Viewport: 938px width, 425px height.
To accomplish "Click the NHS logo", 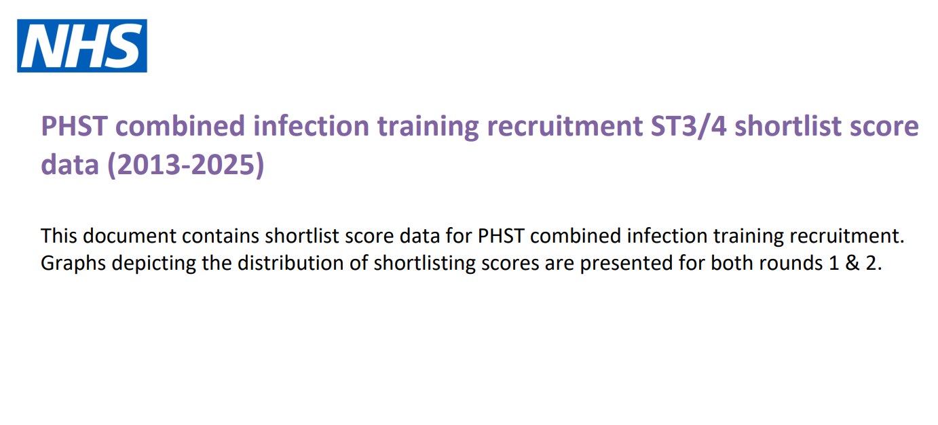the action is pos(82,45).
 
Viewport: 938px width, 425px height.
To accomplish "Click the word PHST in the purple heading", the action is pos(74,126).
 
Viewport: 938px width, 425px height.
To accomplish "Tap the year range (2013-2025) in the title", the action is pos(186,165).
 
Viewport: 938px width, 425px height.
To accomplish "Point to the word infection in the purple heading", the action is pos(311,126).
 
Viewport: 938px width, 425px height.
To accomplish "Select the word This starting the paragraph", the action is pos(58,236).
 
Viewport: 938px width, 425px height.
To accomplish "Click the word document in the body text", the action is pos(130,236).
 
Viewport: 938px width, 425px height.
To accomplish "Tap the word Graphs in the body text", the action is pos(73,263).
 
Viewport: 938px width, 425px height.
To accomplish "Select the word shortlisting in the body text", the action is pos(424,263).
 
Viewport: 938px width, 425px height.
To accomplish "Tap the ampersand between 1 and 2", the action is pos(852,263).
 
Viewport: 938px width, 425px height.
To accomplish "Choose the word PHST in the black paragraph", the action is pos(501,236).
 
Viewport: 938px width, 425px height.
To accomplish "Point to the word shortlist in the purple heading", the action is pos(788,126).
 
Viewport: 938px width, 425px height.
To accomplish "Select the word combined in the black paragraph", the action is pos(576,236).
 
